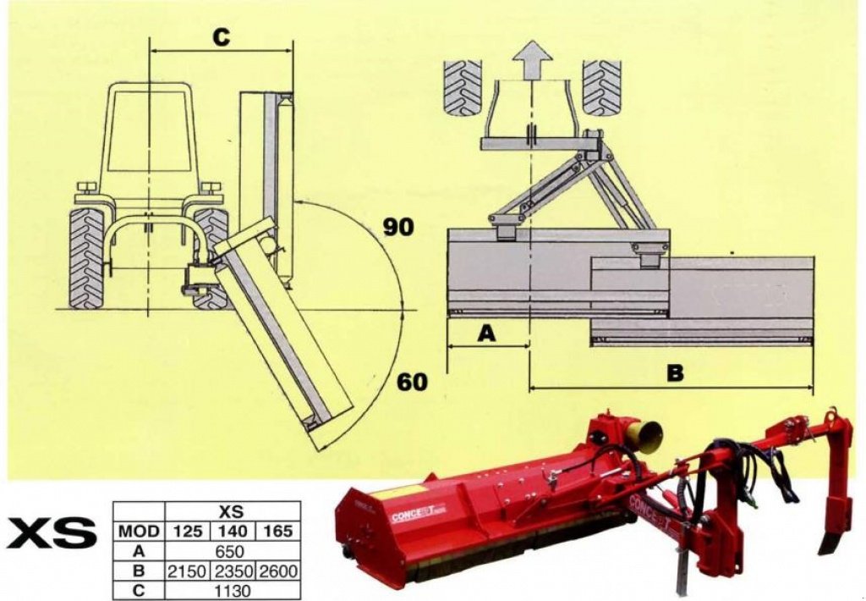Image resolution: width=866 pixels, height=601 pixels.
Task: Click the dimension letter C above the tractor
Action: [x=220, y=38]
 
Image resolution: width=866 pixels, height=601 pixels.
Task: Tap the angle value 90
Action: [x=398, y=227]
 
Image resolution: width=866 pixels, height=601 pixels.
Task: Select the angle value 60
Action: [x=412, y=382]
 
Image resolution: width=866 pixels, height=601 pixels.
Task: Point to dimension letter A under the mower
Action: [x=486, y=334]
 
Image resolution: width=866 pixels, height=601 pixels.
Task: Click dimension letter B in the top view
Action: [x=674, y=373]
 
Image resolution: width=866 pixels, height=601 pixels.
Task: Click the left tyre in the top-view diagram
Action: [x=463, y=87]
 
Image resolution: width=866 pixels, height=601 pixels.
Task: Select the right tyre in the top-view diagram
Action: [x=601, y=87]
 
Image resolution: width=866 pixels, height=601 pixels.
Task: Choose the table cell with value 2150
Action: [x=187, y=571]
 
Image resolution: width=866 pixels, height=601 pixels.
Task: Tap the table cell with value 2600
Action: [x=278, y=571]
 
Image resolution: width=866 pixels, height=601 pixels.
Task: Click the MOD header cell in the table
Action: [x=139, y=532]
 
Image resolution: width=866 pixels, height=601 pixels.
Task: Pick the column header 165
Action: [x=278, y=532]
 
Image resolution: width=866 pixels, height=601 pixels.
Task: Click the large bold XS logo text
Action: [x=52, y=535]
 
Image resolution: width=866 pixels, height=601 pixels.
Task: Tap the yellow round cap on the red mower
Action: [x=644, y=433]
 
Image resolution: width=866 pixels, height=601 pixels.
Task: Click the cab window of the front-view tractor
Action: [x=149, y=131]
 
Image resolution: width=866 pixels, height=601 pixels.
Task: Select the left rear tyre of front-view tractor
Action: [x=86, y=257]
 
